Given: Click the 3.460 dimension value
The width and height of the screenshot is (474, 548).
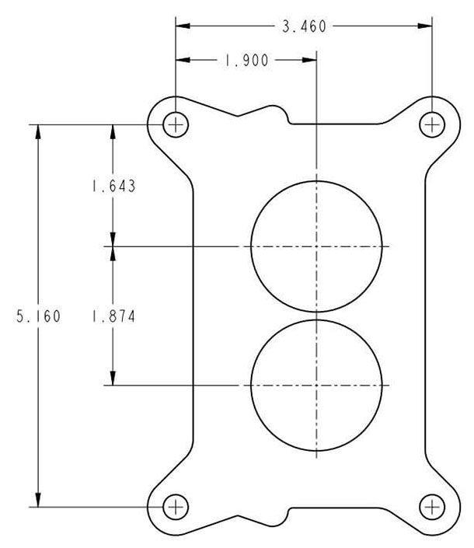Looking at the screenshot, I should pyautogui.click(x=304, y=26).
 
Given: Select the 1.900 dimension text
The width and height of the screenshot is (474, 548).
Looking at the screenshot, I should pyautogui.click(x=246, y=61).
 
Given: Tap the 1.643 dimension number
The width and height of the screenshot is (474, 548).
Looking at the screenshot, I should pyautogui.click(x=113, y=187).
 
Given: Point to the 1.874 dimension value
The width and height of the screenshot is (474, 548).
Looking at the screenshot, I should pyautogui.click(x=113, y=316).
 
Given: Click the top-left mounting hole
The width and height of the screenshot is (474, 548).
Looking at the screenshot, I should pyautogui.click(x=176, y=124).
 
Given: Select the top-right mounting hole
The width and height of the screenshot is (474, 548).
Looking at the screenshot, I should pyautogui.click(x=431, y=124).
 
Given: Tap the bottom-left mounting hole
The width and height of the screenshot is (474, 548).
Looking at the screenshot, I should pyautogui.click(x=176, y=507).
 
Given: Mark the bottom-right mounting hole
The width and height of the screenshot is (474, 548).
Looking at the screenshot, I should pyautogui.click(x=431, y=507).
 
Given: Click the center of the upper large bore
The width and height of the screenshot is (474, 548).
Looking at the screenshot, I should pyautogui.click(x=317, y=246).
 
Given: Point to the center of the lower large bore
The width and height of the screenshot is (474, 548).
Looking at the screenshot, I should pyautogui.click(x=317, y=386).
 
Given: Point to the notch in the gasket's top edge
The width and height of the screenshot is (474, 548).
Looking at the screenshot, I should pyautogui.click(x=286, y=117).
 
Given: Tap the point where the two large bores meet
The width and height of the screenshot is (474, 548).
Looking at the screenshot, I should pyautogui.click(x=317, y=316).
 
